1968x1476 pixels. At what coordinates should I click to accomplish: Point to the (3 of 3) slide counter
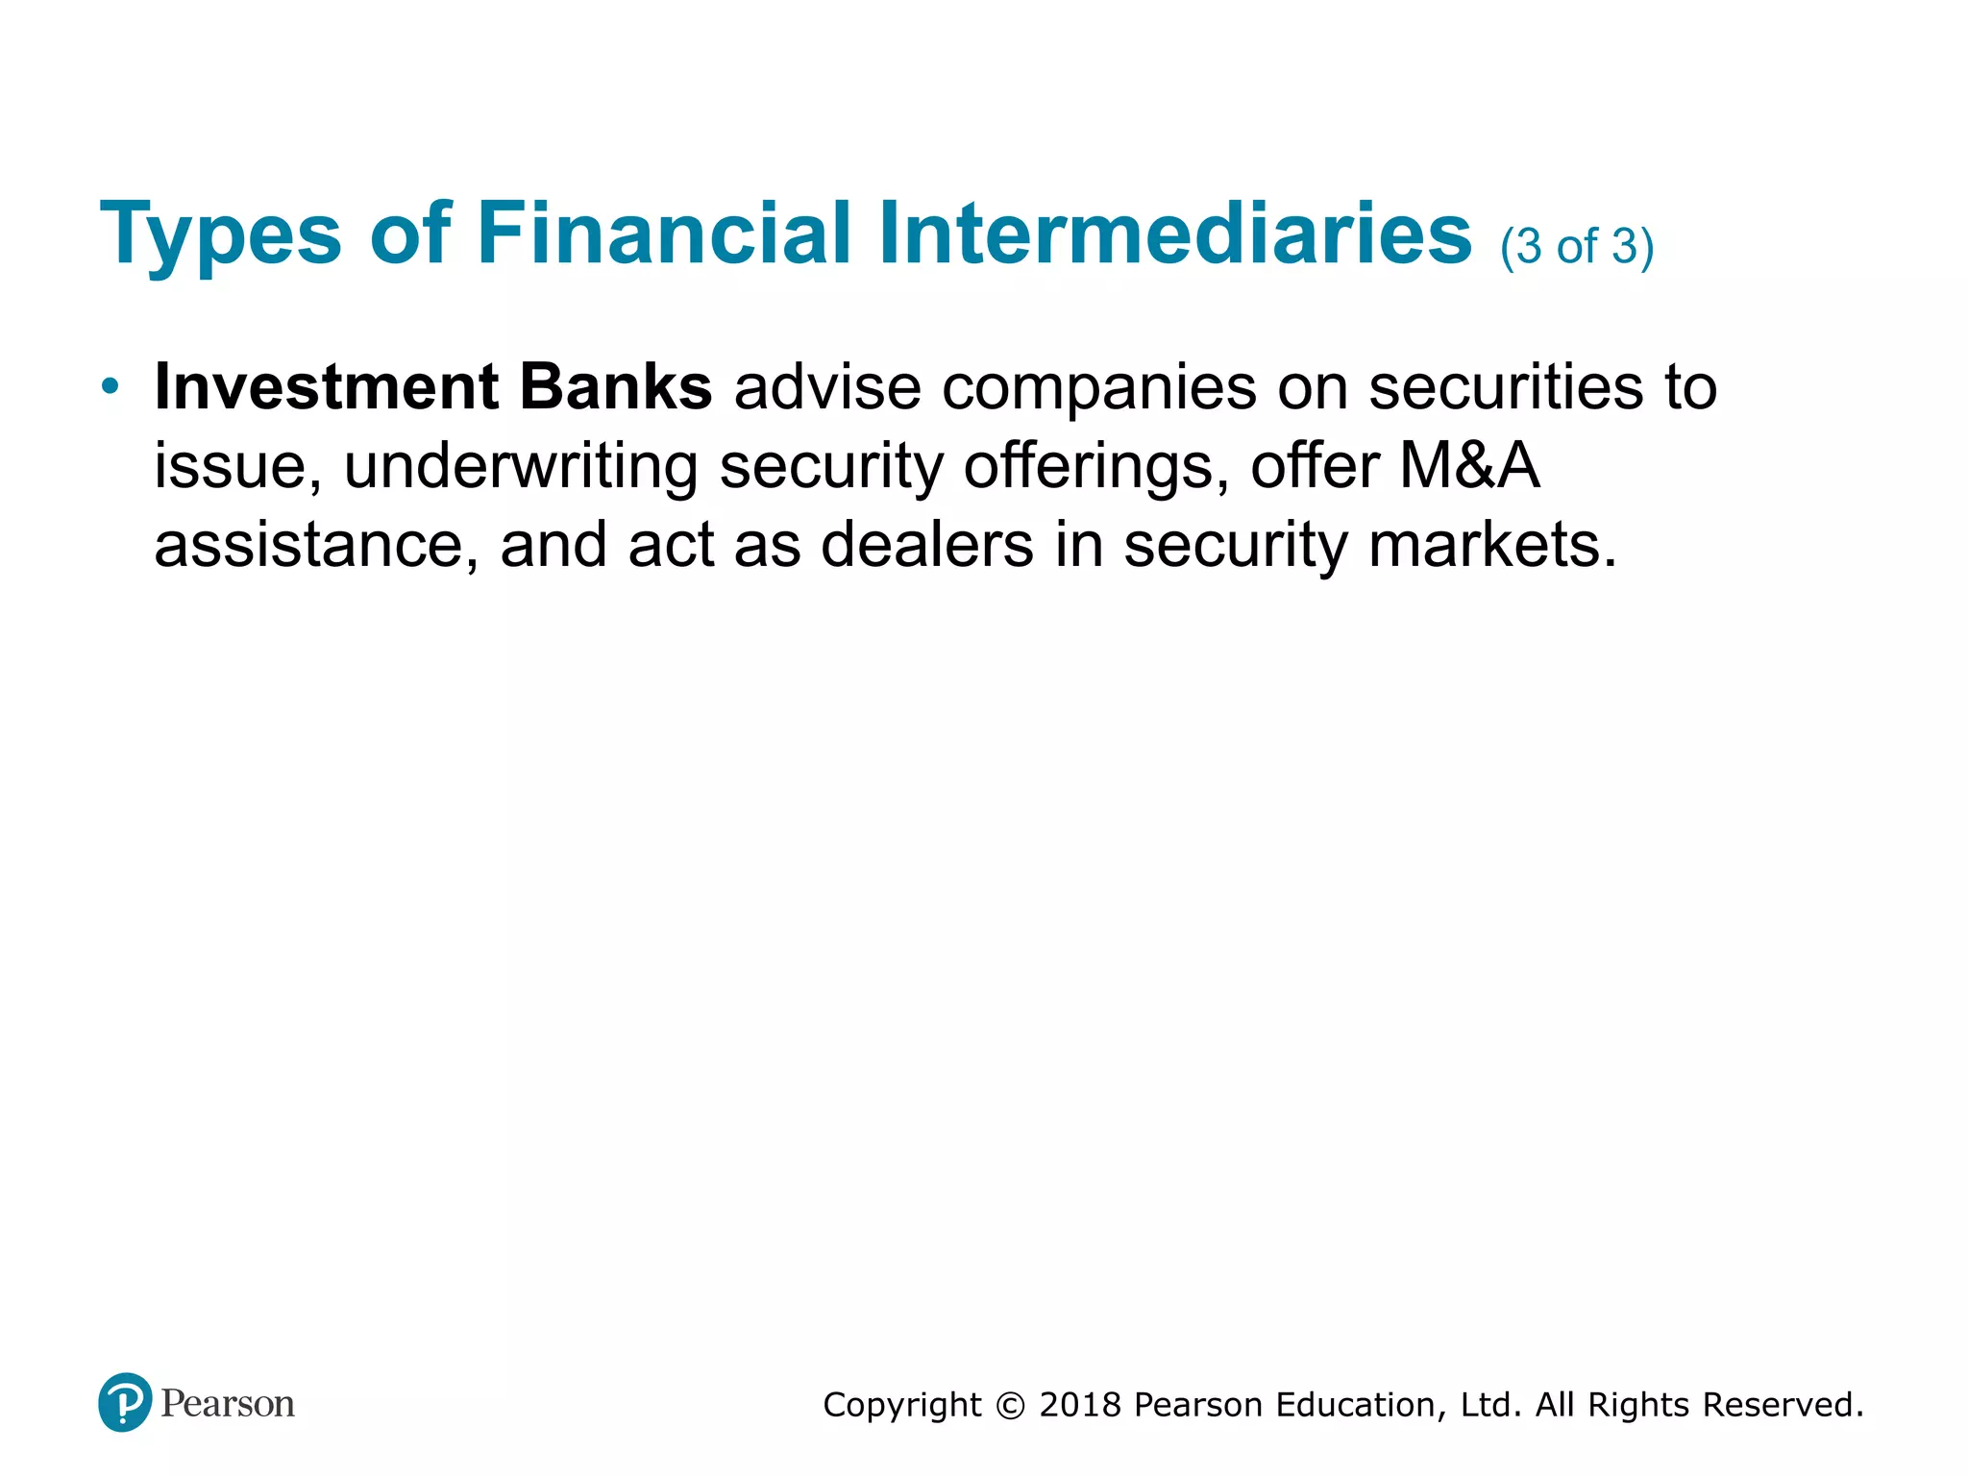[1577, 247]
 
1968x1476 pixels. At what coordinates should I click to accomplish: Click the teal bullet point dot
[111, 387]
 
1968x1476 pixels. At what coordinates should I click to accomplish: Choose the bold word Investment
[326, 387]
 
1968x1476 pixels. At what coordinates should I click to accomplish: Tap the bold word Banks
[615, 387]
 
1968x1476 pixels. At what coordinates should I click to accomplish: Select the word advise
[827, 387]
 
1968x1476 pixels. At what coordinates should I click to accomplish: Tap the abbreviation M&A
[1469, 466]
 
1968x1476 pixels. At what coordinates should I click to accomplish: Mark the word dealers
[927, 546]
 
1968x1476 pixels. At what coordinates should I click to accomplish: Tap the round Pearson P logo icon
[125, 1403]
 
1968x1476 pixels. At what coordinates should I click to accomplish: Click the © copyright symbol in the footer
[1011, 1406]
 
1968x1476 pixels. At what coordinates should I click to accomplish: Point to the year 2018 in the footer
[1081, 1405]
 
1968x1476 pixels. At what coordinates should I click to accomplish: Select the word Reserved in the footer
[1783, 1405]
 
